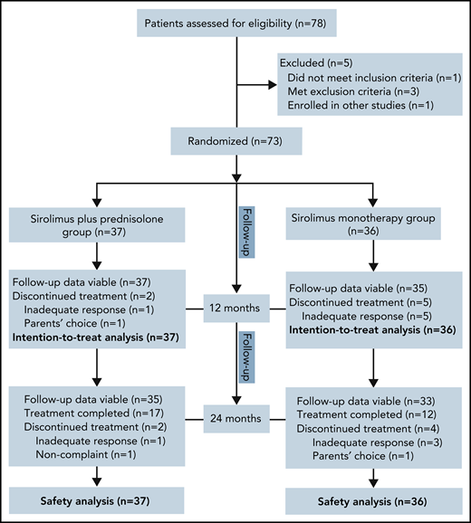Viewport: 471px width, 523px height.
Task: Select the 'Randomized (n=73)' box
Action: point(235,141)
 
